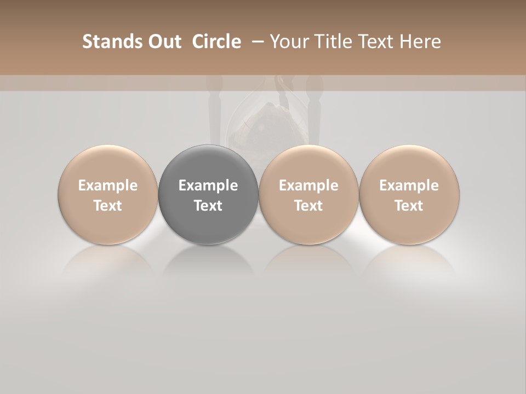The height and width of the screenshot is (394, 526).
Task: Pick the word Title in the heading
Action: [x=332, y=42]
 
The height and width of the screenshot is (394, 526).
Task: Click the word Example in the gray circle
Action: [x=208, y=186]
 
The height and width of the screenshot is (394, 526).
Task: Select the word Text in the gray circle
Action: [x=208, y=206]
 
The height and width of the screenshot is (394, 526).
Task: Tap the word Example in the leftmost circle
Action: [x=108, y=186]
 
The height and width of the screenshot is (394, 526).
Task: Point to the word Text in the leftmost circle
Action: [x=108, y=206]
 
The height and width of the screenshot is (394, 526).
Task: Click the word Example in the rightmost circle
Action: [x=409, y=186]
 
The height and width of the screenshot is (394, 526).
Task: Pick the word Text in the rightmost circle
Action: [x=409, y=206]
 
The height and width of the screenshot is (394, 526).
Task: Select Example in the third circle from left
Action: [x=308, y=186]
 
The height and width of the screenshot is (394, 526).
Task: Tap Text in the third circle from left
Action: [x=308, y=206]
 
